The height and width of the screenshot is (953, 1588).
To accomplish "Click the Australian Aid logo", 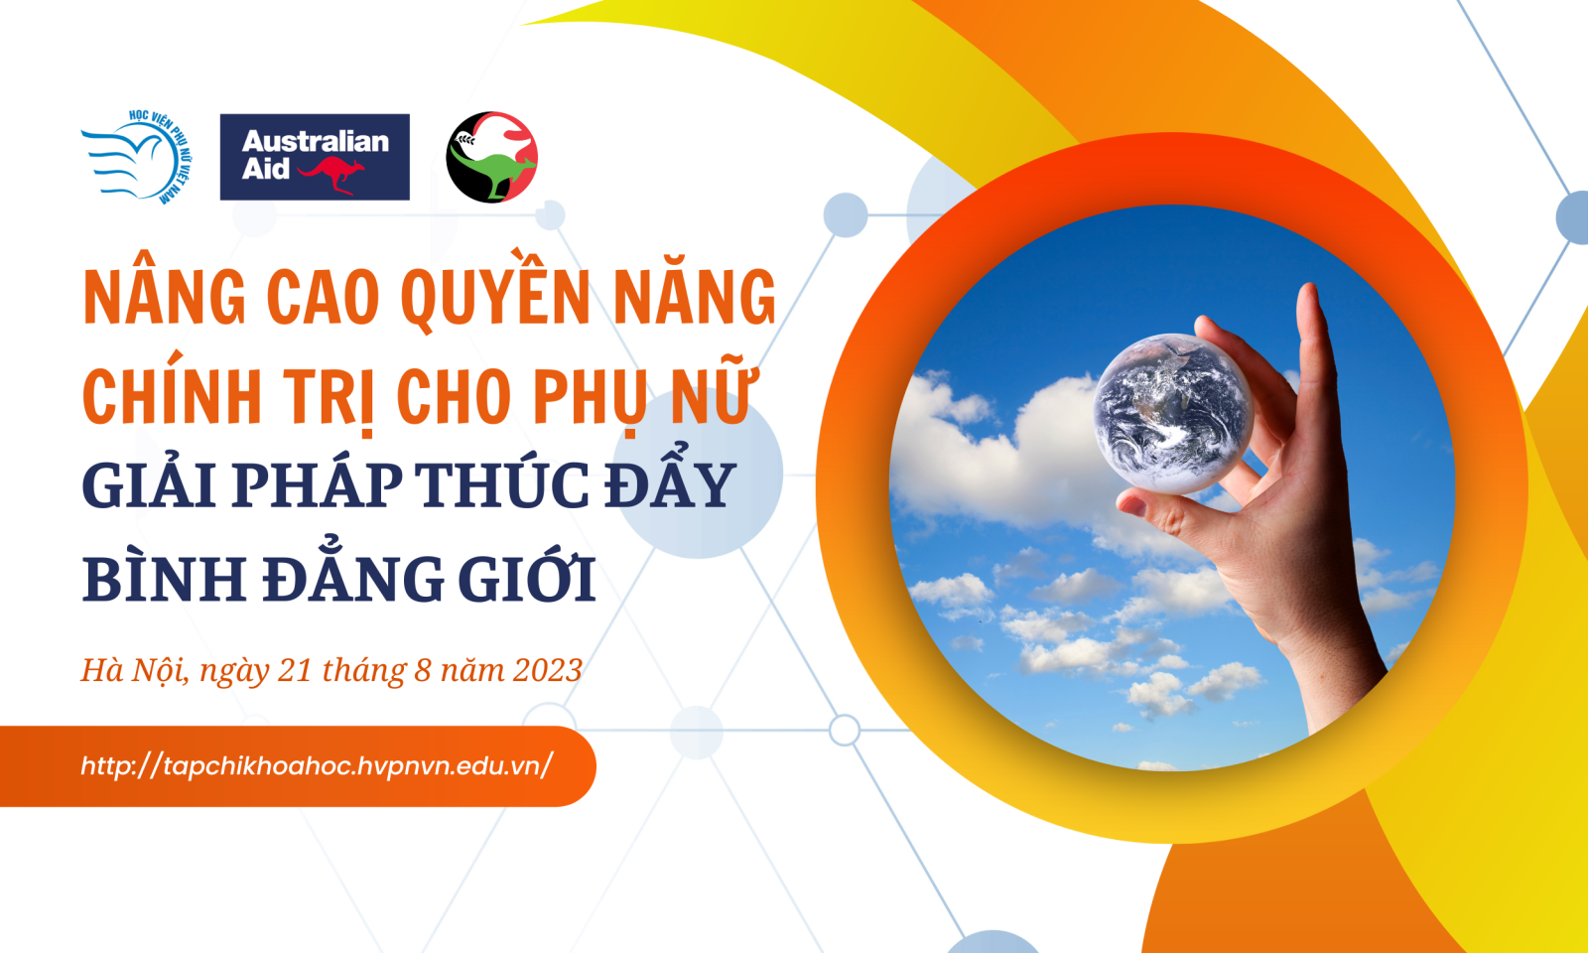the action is point(315,157).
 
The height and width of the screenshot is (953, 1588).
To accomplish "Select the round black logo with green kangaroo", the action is point(492,157).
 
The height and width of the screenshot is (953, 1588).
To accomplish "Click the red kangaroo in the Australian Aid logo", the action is point(331,175).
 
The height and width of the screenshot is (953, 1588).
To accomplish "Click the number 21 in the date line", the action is point(294,670).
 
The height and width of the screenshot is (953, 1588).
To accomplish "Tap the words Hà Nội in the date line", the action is point(135,671).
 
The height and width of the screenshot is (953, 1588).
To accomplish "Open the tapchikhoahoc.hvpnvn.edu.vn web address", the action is point(317,765).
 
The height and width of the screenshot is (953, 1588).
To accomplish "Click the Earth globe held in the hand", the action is point(1173,413).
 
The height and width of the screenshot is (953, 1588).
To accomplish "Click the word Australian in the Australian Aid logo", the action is point(316,142).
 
